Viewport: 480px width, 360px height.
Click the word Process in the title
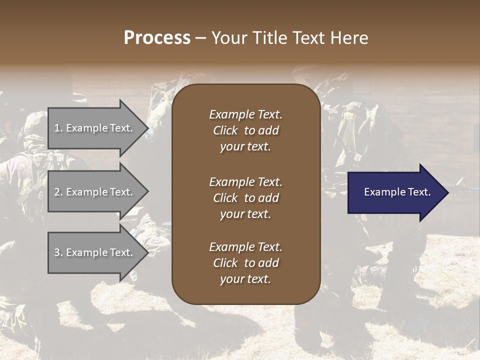click(157, 38)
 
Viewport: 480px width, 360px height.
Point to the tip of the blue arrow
click(447, 192)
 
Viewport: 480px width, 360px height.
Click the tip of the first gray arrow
click(147, 128)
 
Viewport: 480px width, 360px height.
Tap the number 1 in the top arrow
click(57, 128)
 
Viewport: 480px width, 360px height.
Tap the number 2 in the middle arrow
click(57, 192)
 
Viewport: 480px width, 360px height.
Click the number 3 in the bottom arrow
click(57, 252)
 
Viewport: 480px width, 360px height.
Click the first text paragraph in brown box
click(245, 130)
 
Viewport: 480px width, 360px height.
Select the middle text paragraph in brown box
click(245, 198)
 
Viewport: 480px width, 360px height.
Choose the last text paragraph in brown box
click(245, 263)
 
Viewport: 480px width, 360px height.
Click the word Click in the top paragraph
click(225, 130)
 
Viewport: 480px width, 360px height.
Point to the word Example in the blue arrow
click(382, 192)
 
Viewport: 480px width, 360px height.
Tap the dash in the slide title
click(200, 38)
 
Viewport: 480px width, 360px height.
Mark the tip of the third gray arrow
click(147, 253)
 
